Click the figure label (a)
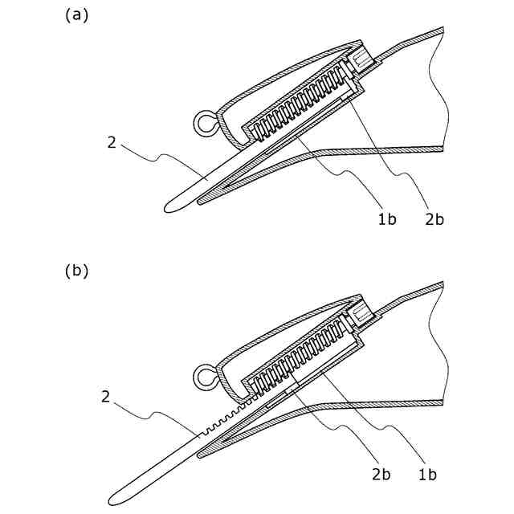[x=76, y=16]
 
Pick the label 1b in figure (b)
[x=427, y=475]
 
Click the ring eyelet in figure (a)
[x=205, y=124]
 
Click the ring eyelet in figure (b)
[x=205, y=376]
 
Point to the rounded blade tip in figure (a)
[x=169, y=208]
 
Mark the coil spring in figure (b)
[x=301, y=358]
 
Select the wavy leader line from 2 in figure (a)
[x=161, y=155]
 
